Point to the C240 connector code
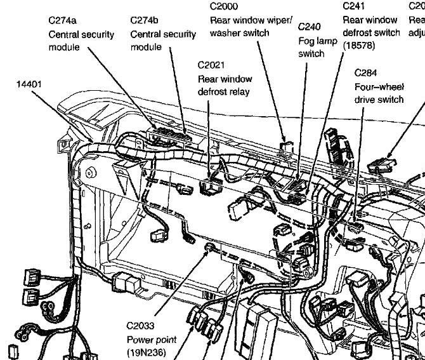coord(309,27)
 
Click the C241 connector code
coord(353,6)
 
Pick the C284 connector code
coord(367,73)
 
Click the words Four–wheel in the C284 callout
coord(379,86)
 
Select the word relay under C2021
coord(238,91)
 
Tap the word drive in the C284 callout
coord(365,100)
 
